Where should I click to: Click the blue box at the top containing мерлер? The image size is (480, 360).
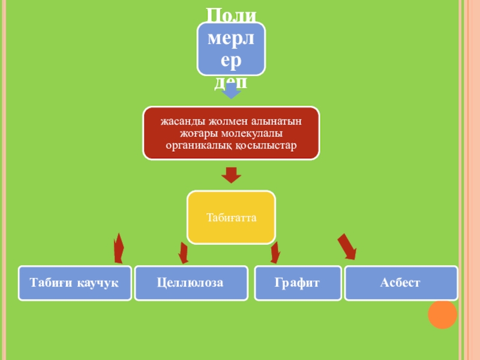click(232, 49)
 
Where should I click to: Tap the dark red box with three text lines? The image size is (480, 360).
click(231, 133)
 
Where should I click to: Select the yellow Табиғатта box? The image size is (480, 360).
click(232, 217)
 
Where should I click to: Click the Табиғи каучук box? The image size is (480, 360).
click(74, 283)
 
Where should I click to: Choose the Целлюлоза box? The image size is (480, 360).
click(190, 283)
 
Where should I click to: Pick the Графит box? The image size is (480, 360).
click(297, 283)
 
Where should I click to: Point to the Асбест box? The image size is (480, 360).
click(400, 283)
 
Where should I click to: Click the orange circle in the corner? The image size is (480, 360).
click(443, 314)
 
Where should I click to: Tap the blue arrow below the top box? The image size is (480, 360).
click(231, 91)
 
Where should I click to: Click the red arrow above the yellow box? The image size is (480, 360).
click(231, 175)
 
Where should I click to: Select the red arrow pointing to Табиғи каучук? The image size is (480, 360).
click(119, 248)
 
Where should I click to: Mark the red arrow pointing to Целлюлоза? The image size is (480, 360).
click(184, 252)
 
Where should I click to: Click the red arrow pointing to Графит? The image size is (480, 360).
click(275, 252)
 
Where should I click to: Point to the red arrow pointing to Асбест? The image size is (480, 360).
click(346, 247)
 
